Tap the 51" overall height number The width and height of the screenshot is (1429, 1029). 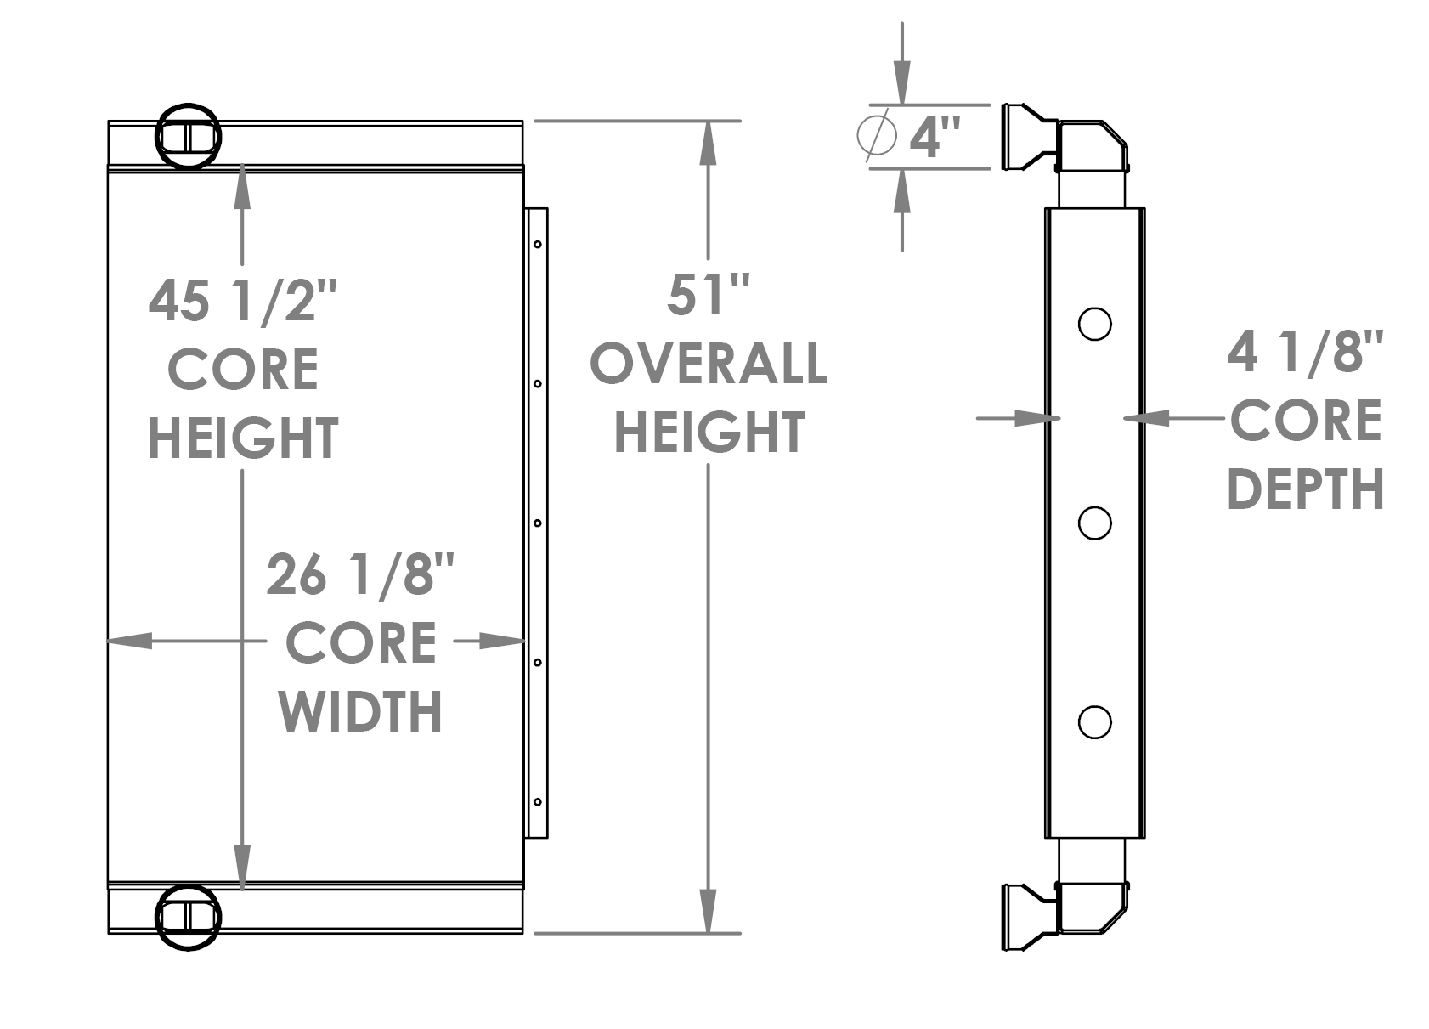pos(708,295)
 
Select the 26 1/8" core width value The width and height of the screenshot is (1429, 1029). pos(360,574)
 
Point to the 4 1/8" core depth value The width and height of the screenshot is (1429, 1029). pos(1306,352)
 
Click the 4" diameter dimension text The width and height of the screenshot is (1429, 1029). pos(935,136)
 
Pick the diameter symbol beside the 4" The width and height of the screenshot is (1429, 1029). pos(876,134)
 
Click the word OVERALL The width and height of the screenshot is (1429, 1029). pos(709,364)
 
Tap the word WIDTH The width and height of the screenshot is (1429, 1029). pos(360,711)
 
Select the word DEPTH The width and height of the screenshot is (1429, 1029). pos(1306,490)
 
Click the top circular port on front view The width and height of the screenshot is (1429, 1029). pos(188,136)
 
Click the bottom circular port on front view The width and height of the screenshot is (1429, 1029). pos(188,916)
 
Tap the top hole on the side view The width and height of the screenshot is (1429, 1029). pos(1094,324)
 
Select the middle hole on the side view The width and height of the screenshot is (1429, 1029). pos(1094,523)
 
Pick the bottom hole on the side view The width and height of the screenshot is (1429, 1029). pos(1094,721)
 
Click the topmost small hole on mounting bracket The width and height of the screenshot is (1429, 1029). pos(538,245)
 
